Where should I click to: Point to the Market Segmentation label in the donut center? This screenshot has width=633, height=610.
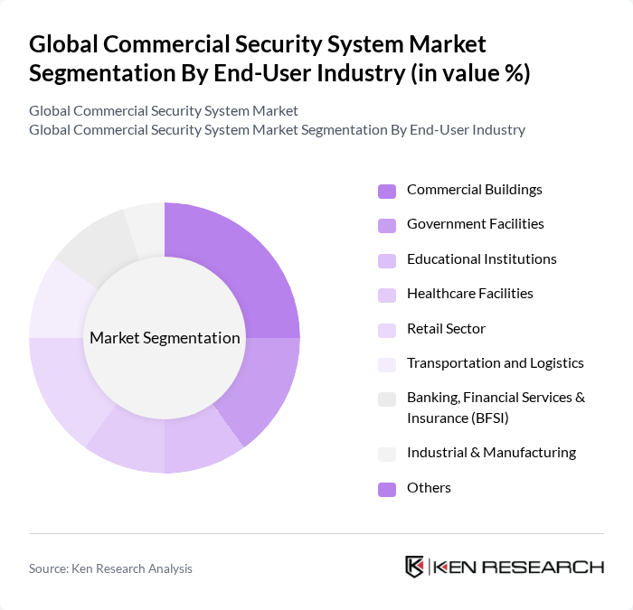pyautogui.click(x=165, y=338)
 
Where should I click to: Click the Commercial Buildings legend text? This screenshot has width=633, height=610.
pyautogui.click(x=474, y=190)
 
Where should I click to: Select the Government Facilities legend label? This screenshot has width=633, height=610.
pyautogui.click(x=475, y=224)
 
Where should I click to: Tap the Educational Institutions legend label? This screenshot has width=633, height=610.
pyautogui.click(x=481, y=259)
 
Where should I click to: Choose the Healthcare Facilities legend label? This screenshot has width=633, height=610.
pyautogui.click(x=469, y=294)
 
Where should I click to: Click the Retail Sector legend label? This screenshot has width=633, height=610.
pyautogui.click(x=446, y=329)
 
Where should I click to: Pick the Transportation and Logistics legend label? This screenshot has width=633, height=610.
pyautogui.click(x=495, y=363)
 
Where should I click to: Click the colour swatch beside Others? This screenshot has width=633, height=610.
pyautogui.click(x=387, y=489)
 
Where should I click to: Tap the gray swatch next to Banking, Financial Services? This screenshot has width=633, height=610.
pyautogui.click(x=387, y=399)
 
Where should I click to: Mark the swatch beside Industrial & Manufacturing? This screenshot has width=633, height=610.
pyautogui.click(x=387, y=454)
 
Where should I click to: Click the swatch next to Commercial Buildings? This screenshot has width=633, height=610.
pyautogui.click(x=387, y=191)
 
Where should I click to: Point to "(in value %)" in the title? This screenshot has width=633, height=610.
pyautogui.click(x=470, y=73)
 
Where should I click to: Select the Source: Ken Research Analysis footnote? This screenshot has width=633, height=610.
pyautogui.click(x=110, y=568)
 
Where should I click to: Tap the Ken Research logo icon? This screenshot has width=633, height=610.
pyautogui.click(x=415, y=567)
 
